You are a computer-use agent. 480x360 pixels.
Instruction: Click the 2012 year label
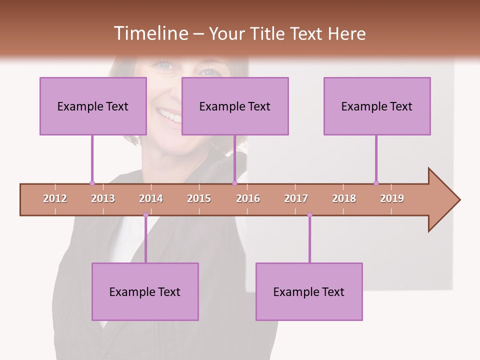tap(55, 198)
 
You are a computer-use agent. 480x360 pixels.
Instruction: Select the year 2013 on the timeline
tap(103, 198)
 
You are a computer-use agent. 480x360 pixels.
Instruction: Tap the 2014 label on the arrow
tap(151, 198)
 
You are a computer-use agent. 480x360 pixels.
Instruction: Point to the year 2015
tap(199, 198)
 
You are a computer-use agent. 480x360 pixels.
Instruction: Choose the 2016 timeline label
tap(248, 198)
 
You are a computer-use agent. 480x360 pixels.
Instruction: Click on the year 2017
tap(296, 198)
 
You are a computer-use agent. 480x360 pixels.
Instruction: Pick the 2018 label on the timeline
tap(344, 198)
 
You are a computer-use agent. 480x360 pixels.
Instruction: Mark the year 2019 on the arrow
tap(392, 198)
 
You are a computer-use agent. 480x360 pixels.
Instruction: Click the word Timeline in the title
tap(150, 33)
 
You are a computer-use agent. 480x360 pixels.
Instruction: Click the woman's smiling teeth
tap(169, 116)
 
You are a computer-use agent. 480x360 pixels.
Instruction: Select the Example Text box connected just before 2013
tap(93, 106)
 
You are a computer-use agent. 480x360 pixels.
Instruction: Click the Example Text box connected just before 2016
tap(235, 106)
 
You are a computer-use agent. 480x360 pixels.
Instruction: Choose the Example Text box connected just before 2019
tap(377, 106)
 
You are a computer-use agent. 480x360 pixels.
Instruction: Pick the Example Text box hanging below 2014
tap(145, 291)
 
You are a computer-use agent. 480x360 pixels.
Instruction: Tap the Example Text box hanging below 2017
tap(309, 291)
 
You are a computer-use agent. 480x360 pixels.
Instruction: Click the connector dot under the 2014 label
tap(145, 215)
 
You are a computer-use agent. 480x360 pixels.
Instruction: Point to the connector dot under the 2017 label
tap(309, 215)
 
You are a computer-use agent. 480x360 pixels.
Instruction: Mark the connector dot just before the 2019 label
tap(376, 183)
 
